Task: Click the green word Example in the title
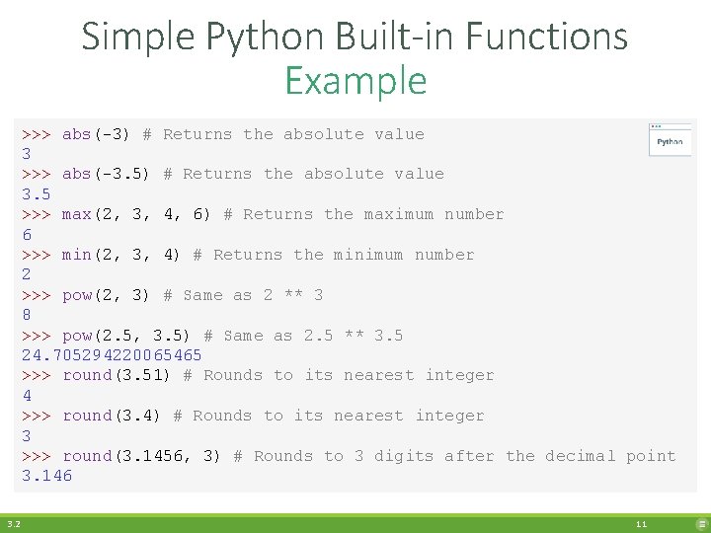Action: (x=355, y=81)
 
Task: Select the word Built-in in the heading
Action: (x=398, y=37)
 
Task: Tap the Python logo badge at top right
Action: (x=670, y=139)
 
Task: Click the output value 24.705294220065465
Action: (x=112, y=355)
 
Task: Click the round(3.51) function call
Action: (x=117, y=375)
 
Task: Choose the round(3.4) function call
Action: (x=112, y=416)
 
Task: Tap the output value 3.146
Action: (x=46, y=476)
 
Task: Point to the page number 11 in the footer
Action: (x=641, y=524)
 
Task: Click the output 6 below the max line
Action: (x=27, y=235)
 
